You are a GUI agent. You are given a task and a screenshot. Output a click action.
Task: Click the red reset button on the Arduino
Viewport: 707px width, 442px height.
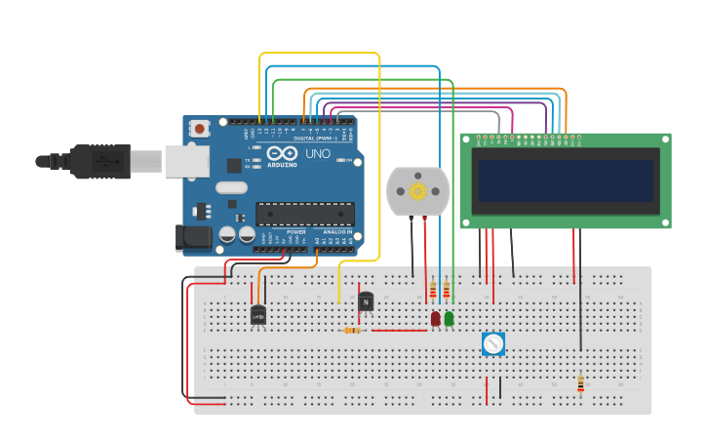[200, 128]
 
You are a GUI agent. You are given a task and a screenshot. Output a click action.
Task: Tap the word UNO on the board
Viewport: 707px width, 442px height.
[318, 154]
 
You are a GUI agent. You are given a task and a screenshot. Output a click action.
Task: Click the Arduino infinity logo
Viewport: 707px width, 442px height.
[281, 154]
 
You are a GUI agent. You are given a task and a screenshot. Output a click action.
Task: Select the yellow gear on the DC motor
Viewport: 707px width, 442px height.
[417, 190]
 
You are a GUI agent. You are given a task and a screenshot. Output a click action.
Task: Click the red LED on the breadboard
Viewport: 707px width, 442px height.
[436, 318]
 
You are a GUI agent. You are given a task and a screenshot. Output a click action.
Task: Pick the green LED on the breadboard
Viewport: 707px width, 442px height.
[449, 318]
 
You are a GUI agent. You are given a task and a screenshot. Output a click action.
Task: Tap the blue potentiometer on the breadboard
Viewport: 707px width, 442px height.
[492, 343]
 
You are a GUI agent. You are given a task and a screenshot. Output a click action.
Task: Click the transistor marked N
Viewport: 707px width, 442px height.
[366, 301]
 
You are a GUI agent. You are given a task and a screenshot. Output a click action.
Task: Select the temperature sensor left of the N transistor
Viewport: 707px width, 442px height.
[257, 314]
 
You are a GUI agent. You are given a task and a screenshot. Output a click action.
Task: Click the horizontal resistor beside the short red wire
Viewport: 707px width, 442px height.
[354, 330]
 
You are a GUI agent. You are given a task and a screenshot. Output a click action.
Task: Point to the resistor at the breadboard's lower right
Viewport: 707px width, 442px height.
[580, 384]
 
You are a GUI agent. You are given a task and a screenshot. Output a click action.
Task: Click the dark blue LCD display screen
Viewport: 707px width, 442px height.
[566, 181]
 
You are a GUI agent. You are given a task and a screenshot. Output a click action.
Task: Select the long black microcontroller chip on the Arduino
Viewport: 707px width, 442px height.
[304, 214]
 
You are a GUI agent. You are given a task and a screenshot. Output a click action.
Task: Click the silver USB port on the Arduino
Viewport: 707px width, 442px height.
[186, 161]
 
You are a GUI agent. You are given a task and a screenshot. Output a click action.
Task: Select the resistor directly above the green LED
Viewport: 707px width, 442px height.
[447, 290]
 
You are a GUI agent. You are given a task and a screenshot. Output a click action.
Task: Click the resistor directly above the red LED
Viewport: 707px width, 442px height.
[433, 290]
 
